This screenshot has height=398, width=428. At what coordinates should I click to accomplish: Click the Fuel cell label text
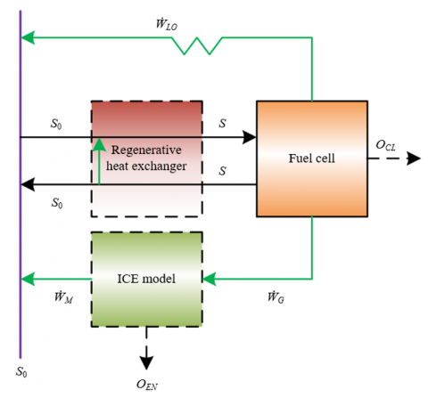(312, 158)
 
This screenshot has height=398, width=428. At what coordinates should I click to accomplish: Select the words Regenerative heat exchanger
(146, 158)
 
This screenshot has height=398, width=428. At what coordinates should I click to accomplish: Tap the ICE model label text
(146, 279)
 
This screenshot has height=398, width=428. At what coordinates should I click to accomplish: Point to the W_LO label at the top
(167, 24)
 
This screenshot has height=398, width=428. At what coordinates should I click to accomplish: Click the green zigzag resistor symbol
(197, 45)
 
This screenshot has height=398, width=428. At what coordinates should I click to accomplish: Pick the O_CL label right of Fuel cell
(386, 145)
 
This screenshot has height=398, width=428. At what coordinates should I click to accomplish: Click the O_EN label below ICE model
(147, 385)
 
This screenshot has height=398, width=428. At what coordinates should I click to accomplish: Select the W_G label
(276, 297)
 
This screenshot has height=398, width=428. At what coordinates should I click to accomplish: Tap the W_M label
(63, 297)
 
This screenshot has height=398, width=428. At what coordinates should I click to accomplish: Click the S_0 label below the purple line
(21, 371)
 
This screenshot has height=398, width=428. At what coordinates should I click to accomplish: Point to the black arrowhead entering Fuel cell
(250, 137)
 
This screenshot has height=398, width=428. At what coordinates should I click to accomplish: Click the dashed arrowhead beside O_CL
(414, 158)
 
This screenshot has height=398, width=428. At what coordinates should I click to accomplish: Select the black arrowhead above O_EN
(146, 362)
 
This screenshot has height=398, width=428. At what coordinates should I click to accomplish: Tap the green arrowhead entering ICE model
(209, 279)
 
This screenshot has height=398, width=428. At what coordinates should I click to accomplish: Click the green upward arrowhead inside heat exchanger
(99, 144)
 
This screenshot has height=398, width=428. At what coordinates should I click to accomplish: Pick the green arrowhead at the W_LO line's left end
(28, 37)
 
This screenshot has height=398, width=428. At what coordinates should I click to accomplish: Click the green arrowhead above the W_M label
(28, 279)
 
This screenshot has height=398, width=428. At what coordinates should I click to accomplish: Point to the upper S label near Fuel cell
(222, 123)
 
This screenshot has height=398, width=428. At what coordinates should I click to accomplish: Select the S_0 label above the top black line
(56, 124)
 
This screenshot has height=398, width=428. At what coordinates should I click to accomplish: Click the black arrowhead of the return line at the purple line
(28, 184)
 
